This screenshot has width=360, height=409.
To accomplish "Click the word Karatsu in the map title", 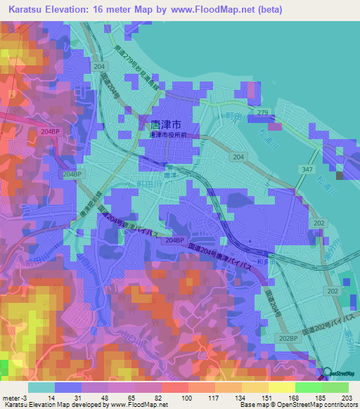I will click(x=27, y=10).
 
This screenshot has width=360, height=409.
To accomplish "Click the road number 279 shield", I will click(x=263, y=112).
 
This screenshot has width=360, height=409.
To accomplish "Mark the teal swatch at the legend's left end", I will click(x=41, y=387).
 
